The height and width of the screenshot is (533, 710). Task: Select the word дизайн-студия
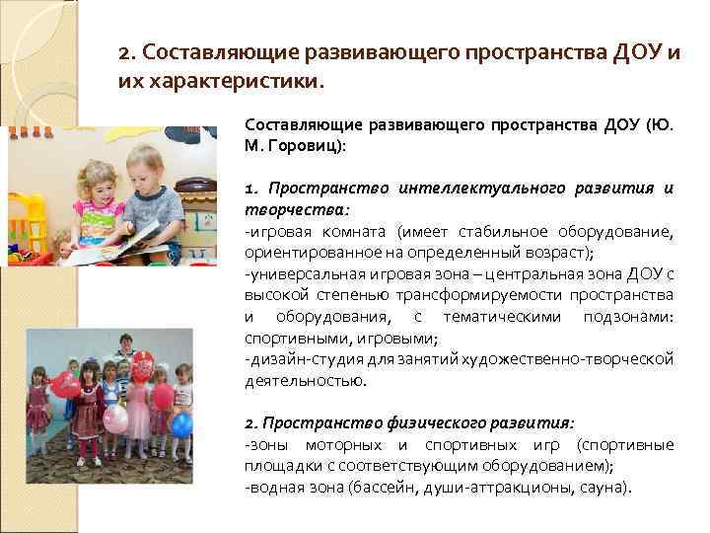297,359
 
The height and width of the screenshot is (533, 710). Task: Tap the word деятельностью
294,380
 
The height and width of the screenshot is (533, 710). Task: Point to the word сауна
603,488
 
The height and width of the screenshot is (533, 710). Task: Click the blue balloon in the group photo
182,424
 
